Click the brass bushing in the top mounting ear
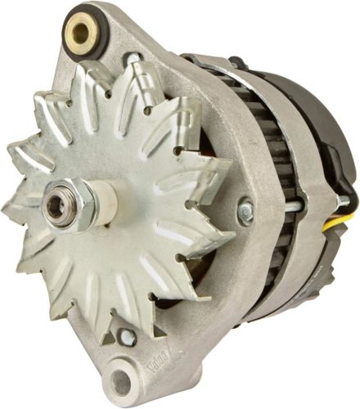[81, 33]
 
